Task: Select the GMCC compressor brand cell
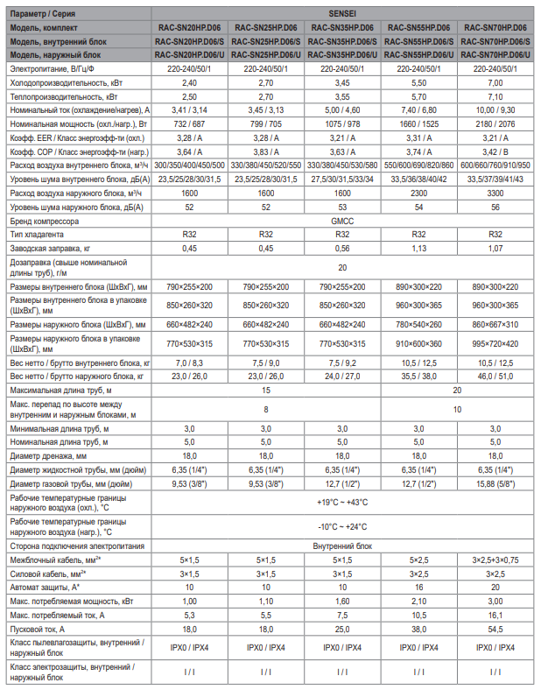tap(342, 222)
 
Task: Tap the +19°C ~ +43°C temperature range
tap(342, 503)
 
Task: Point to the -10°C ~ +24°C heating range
tap(342, 526)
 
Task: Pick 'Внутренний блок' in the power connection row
tap(342, 545)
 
